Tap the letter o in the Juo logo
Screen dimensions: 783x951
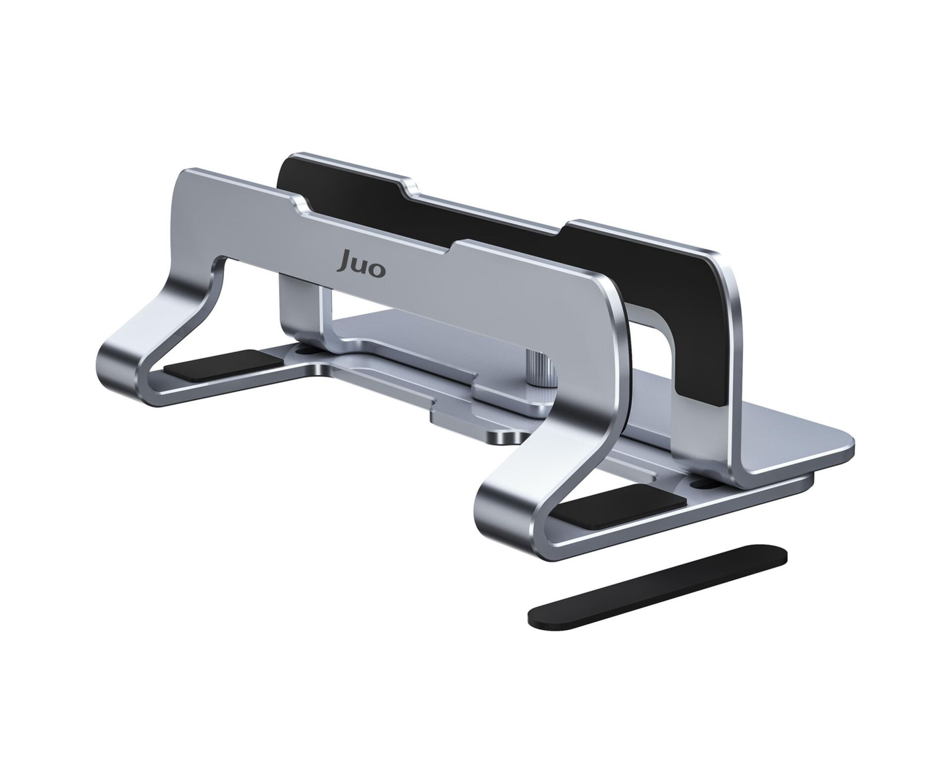pyautogui.click(x=376, y=271)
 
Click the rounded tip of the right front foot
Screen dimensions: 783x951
pyautogui.click(x=488, y=515)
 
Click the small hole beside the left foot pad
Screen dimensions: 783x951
pyautogui.click(x=303, y=350)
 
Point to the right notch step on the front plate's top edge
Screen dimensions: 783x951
pyautogui.click(x=458, y=245)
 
